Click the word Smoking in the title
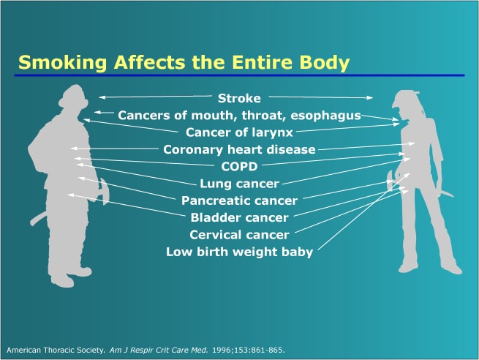(63, 63)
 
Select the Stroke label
(239, 98)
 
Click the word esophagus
(326, 116)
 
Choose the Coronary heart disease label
(239, 150)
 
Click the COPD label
(239, 167)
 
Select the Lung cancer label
(239, 184)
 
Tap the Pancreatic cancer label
(239, 200)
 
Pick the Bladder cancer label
(239, 218)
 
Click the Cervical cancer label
(239, 235)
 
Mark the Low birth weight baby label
(239, 252)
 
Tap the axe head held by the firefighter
(104, 192)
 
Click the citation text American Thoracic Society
(56, 350)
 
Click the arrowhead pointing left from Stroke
(102, 97)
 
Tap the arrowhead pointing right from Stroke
(370, 97)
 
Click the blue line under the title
(240, 75)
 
